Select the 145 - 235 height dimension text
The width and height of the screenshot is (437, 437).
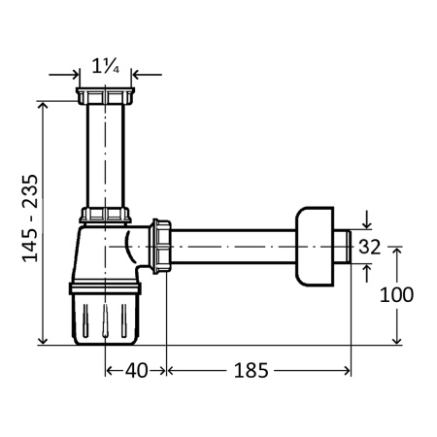tap(30, 218)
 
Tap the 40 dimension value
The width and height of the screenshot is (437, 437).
tap(136, 371)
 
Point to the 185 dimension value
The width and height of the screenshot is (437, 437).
tap(252, 371)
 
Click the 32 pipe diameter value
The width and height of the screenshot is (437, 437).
tap(370, 247)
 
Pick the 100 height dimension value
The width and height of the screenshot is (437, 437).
tap(396, 295)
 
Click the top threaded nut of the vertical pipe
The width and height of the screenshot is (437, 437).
tap(105, 96)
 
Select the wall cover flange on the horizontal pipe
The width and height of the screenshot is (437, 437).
tap(315, 247)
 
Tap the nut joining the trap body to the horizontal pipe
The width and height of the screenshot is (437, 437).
tap(160, 247)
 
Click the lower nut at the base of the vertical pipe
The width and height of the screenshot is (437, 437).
tap(105, 216)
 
